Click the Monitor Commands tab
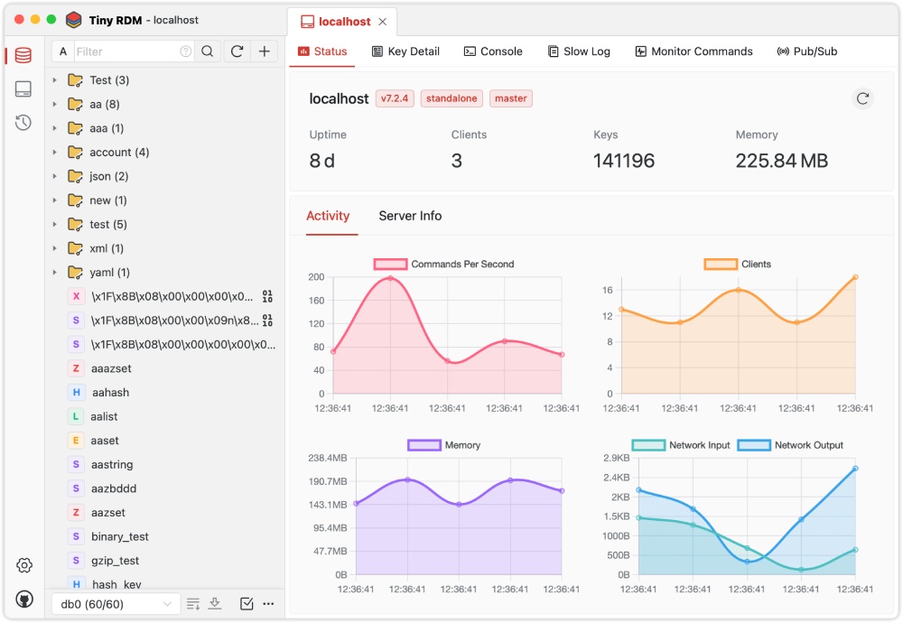694,51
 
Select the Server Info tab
410,216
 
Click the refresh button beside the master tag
862,98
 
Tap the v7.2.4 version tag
395,98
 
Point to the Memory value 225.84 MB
781,161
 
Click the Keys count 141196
623,161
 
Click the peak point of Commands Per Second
390,278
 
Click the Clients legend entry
738,265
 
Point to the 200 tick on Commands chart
315,277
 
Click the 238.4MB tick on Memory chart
328,458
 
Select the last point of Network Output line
854,468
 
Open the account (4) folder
118,153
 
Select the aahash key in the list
110,393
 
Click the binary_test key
119,536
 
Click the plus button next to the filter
264,51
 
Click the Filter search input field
126,51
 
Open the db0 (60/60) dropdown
115,604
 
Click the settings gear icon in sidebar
24,565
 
